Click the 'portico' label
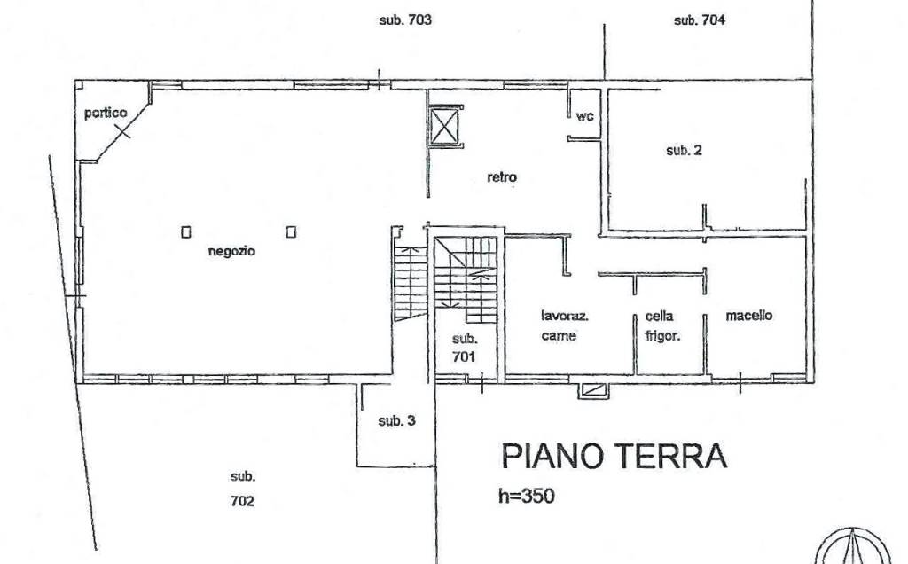[106, 113]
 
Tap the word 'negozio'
[231, 251]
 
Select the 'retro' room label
[502, 177]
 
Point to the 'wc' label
[585, 116]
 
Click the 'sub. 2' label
[684, 151]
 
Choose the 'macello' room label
[748, 316]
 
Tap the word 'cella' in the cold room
[659, 317]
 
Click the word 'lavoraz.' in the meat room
[565, 317]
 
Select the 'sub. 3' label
[396, 421]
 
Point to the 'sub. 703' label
[405, 20]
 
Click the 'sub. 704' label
[700, 20]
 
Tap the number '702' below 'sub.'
[242, 501]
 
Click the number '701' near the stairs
[464, 356]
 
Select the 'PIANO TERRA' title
[614, 456]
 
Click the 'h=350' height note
[527, 497]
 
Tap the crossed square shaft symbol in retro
[445, 126]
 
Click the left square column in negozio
[186, 232]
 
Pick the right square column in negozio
[291, 231]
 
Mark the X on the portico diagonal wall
[122, 131]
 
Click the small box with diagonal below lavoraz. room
[593, 390]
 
